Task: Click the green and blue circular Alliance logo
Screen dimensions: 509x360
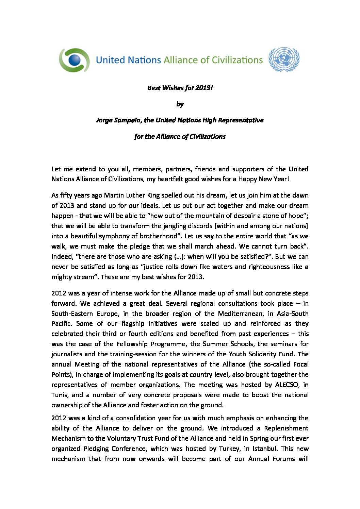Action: (x=74, y=60)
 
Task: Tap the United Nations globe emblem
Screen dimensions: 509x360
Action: (x=284, y=60)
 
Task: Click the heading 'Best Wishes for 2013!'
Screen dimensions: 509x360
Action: (x=180, y=88)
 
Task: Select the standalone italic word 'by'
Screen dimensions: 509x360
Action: (x=180, y=104)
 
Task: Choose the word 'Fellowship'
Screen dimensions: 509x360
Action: (x=132, y=344)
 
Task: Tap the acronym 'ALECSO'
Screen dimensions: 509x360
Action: (x=281, y=385)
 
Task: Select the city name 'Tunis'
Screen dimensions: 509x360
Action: (x=60, y=395)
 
